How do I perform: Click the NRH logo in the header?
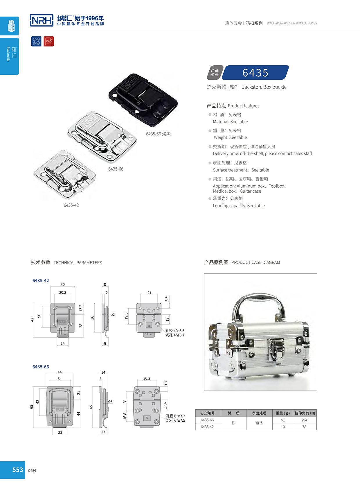point(42,20)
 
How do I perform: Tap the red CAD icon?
point(49,41)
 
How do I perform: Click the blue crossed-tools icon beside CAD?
point(36,41)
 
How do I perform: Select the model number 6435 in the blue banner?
point(255,73)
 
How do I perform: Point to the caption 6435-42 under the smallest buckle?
point(71,205)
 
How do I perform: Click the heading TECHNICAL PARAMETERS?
point(78,263)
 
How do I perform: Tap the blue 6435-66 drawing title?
point(41,367)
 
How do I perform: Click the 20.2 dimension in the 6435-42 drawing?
point(62,292)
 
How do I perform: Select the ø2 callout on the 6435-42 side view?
point(113,315)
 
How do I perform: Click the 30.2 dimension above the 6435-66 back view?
point(147,378)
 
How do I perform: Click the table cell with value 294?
point(304,420)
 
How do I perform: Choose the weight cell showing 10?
point(283,427)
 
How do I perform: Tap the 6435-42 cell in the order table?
point(207,427)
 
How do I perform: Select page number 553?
point(17,470)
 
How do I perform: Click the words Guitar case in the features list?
point(250,191)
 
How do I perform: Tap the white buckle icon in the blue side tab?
point(11,26)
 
